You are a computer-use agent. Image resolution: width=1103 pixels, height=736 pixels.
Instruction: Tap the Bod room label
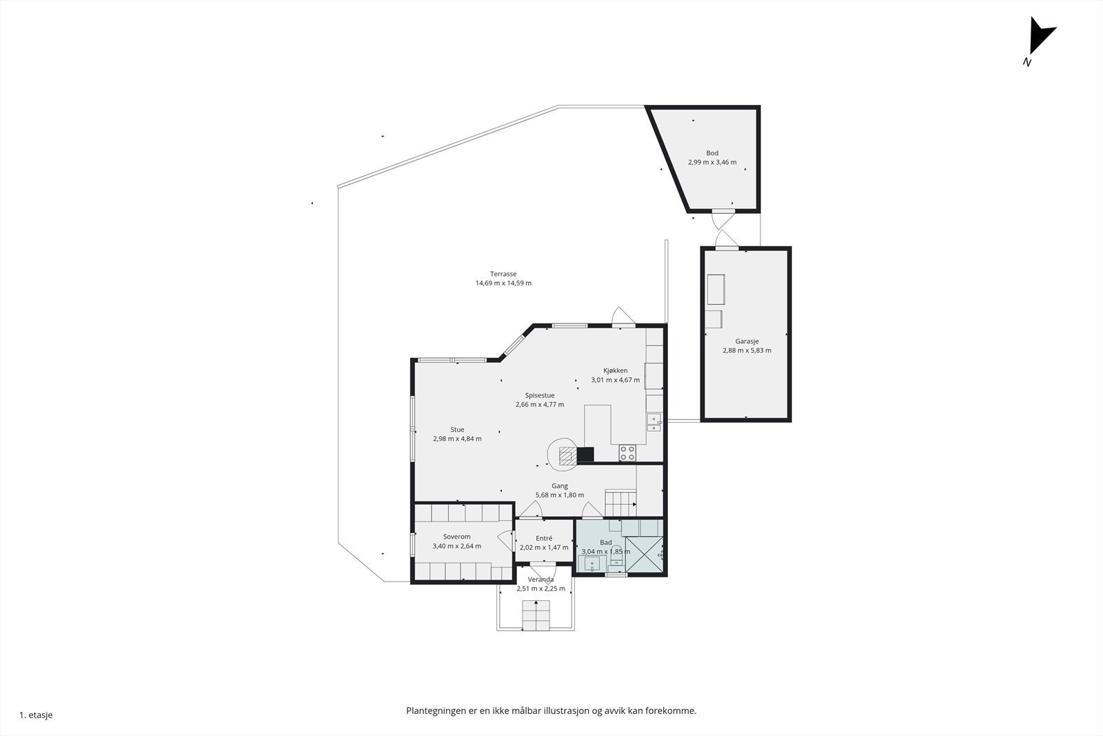tap(712, 153)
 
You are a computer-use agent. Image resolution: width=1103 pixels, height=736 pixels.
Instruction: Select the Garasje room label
tap(747, 341)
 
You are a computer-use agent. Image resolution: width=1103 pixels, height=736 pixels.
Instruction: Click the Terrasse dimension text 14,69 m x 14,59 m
tap(503, 284)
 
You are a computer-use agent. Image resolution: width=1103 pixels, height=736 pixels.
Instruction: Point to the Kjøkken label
tap(616, 370)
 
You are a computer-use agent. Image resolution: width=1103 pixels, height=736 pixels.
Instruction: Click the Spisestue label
tap(540, 395)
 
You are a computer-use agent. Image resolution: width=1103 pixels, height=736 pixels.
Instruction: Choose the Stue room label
tap(457, 430)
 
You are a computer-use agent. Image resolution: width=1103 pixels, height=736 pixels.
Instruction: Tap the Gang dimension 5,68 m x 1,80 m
tap(560, 495)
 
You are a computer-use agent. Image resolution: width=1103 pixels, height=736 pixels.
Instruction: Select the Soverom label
tap(457, 537)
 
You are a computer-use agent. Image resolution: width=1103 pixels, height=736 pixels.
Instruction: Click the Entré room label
tap(544, 539)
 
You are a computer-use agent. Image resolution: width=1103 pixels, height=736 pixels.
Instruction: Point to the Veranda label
tap(540, 579)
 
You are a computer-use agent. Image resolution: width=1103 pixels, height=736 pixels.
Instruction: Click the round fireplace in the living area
tap(563, 454)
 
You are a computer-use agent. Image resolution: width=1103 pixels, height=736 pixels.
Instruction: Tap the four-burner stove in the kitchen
tap(627, 452)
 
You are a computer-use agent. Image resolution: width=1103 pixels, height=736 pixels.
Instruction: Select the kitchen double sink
tap(654, 423)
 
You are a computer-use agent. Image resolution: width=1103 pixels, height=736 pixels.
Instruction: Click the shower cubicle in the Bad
tap(644, 555)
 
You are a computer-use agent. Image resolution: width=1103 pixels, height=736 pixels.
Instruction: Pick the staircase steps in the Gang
tap(620, 502)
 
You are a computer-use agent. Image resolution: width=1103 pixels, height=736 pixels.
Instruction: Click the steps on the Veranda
tap(536, 615)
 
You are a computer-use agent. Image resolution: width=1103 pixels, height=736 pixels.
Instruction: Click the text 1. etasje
tap(36, 715)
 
